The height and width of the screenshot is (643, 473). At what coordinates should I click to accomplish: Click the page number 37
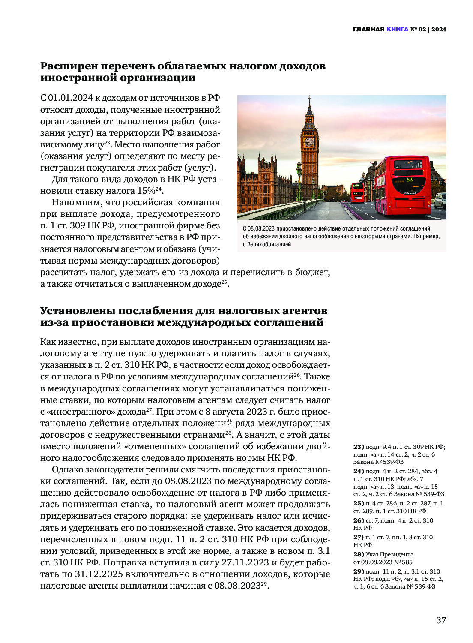tap(441, 620)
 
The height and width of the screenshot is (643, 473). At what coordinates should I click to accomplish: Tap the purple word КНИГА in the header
tap(397, 30)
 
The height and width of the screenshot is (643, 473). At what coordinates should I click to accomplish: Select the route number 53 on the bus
tap(410, 180)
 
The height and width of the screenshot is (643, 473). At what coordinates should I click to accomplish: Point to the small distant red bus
tap(357, 192)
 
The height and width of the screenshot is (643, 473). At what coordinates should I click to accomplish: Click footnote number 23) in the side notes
tap(358, 447)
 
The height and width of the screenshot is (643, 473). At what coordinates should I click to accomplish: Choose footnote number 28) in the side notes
tap(358, 554)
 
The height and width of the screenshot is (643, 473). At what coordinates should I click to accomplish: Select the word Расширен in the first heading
tap(69, 66)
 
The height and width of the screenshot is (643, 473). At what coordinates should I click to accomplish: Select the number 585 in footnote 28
tap(407, 562)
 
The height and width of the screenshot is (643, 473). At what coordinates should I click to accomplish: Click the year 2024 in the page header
tap(439, 30)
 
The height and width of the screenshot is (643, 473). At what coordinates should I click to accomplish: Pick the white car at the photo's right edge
tap(440, 201)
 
